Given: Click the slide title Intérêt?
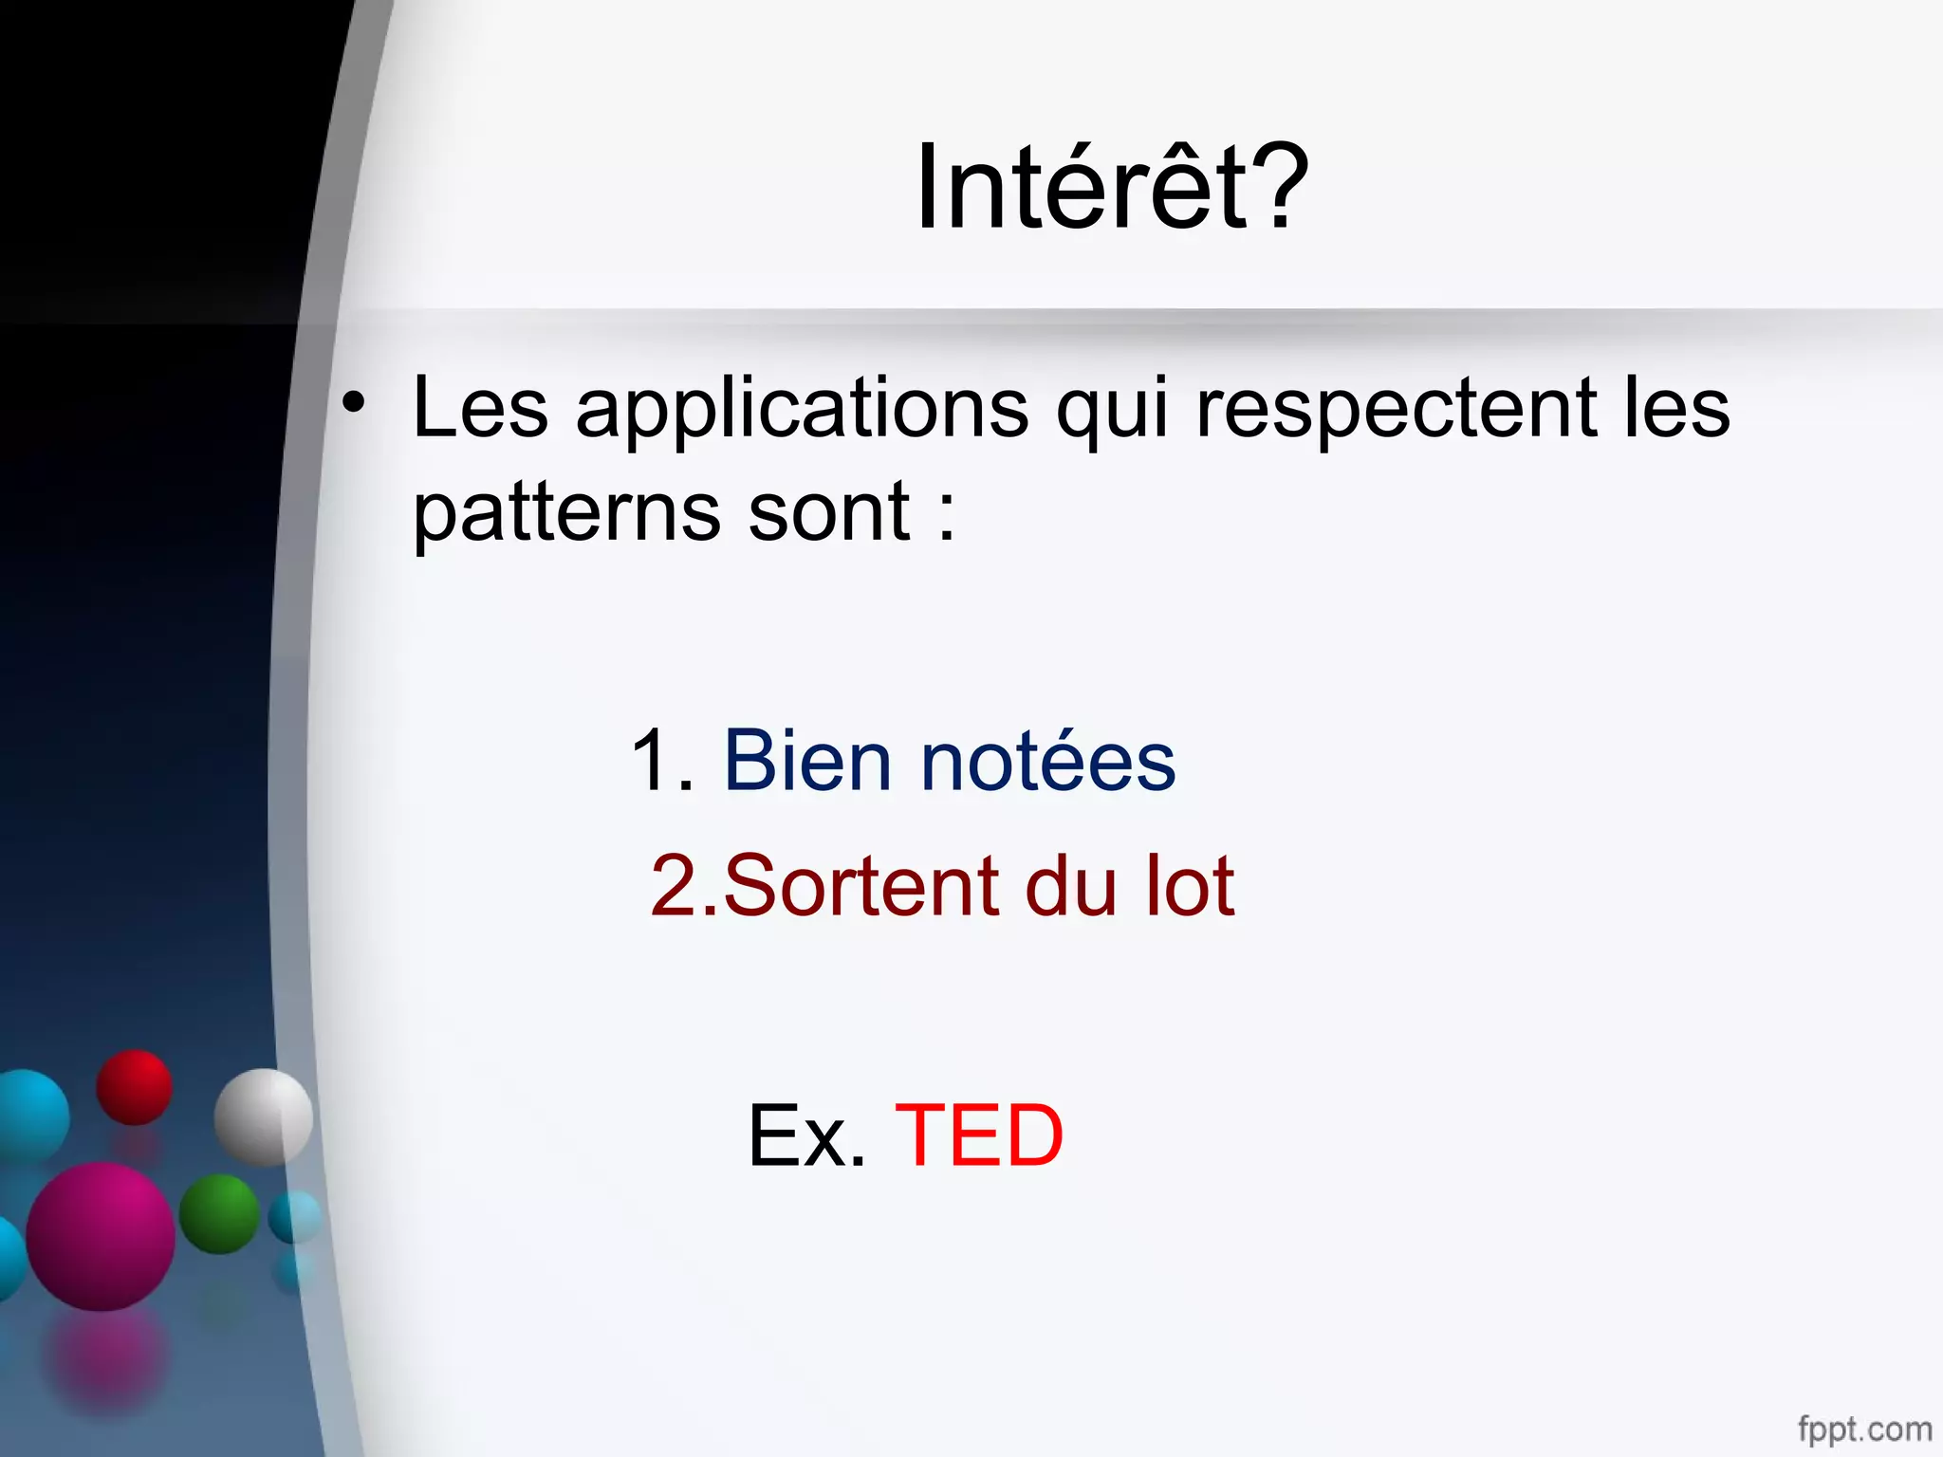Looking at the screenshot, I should [1112, 187].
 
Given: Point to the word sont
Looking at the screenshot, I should [830, 512].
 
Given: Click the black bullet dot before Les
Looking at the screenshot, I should [354, 403].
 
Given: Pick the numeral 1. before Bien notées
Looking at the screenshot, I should [662, 761].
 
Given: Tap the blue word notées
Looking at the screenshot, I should [1047, 761].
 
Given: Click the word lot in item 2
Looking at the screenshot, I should [1190, 886].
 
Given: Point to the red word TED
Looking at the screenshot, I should [979, 1135].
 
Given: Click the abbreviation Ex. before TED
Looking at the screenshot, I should [806, 1135].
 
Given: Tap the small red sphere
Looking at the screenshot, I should [134, 1087].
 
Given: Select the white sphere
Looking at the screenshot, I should [263, 1116].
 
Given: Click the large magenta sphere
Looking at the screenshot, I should [101, 1237].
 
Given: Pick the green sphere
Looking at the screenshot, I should [219, 1214].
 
